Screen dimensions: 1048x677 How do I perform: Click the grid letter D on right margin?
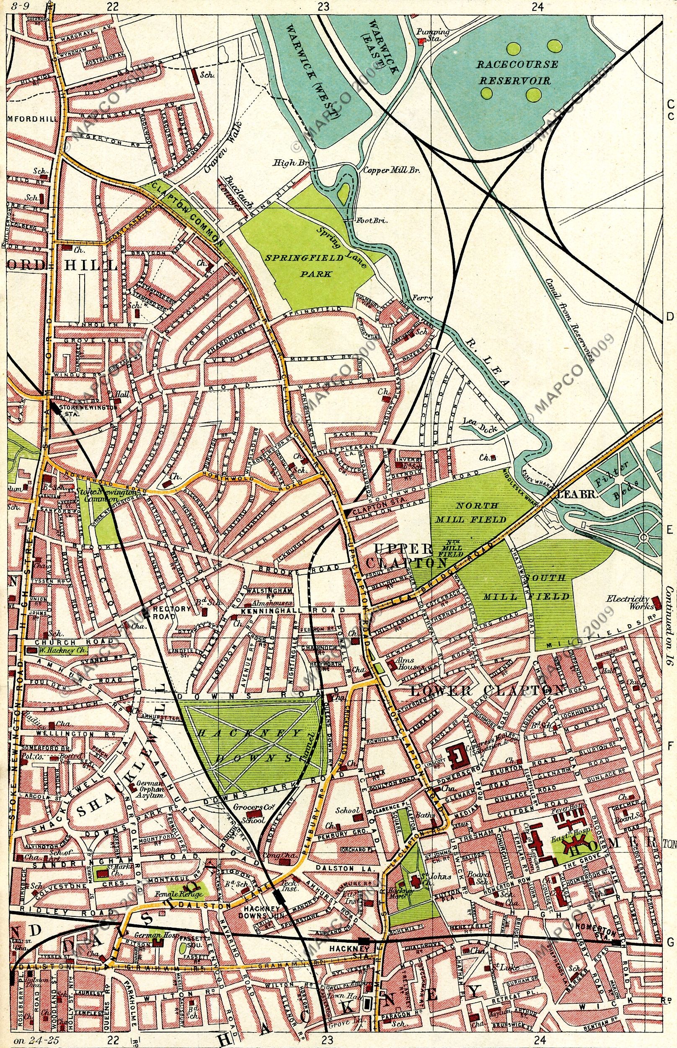pos(670,316)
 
